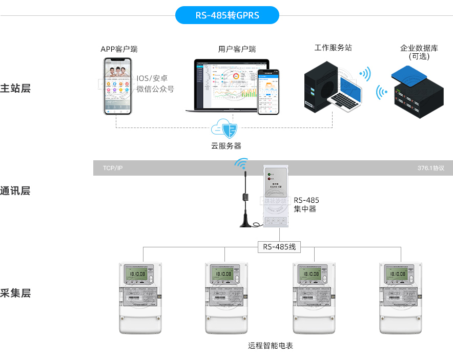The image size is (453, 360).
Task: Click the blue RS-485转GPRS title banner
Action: pyautogui.click(x=227, y=15)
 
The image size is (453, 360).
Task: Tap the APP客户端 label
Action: pyautogui.click(x=119, y=49)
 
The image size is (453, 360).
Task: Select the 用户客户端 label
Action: pyautogui.click(x=237, y=49)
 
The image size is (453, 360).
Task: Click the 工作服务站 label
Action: pyautogui.click(x=333, y=48)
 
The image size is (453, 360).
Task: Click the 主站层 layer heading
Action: pyautogui.click(x=15, y=88)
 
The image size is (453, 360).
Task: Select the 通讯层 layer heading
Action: pyautogui.click(x=15, y=191)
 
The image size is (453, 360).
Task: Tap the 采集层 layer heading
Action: pyautogui.click(x=15, y=293)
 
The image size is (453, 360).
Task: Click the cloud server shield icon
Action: pyautogui.click(x=226, y=129)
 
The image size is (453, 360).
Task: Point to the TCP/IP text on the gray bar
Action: pyautogui.click(x=113, y=168)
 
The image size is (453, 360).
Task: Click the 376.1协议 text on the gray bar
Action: pyautogui.click(x=430, y=168)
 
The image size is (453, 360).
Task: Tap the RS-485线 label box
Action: pyautogui.click(x=279, y=247)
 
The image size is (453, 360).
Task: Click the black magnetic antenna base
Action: pyautogui.click(x=247, y=223)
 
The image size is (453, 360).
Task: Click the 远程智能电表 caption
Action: pyautogui.click(x=270, y=346)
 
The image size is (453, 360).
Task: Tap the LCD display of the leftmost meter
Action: pyautogui.click(x=137, y=274)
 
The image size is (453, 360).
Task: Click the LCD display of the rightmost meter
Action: pyautogui.click(x=398, y=274)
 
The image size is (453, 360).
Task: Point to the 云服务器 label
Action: pyautogui.click(x=226, y=146)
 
